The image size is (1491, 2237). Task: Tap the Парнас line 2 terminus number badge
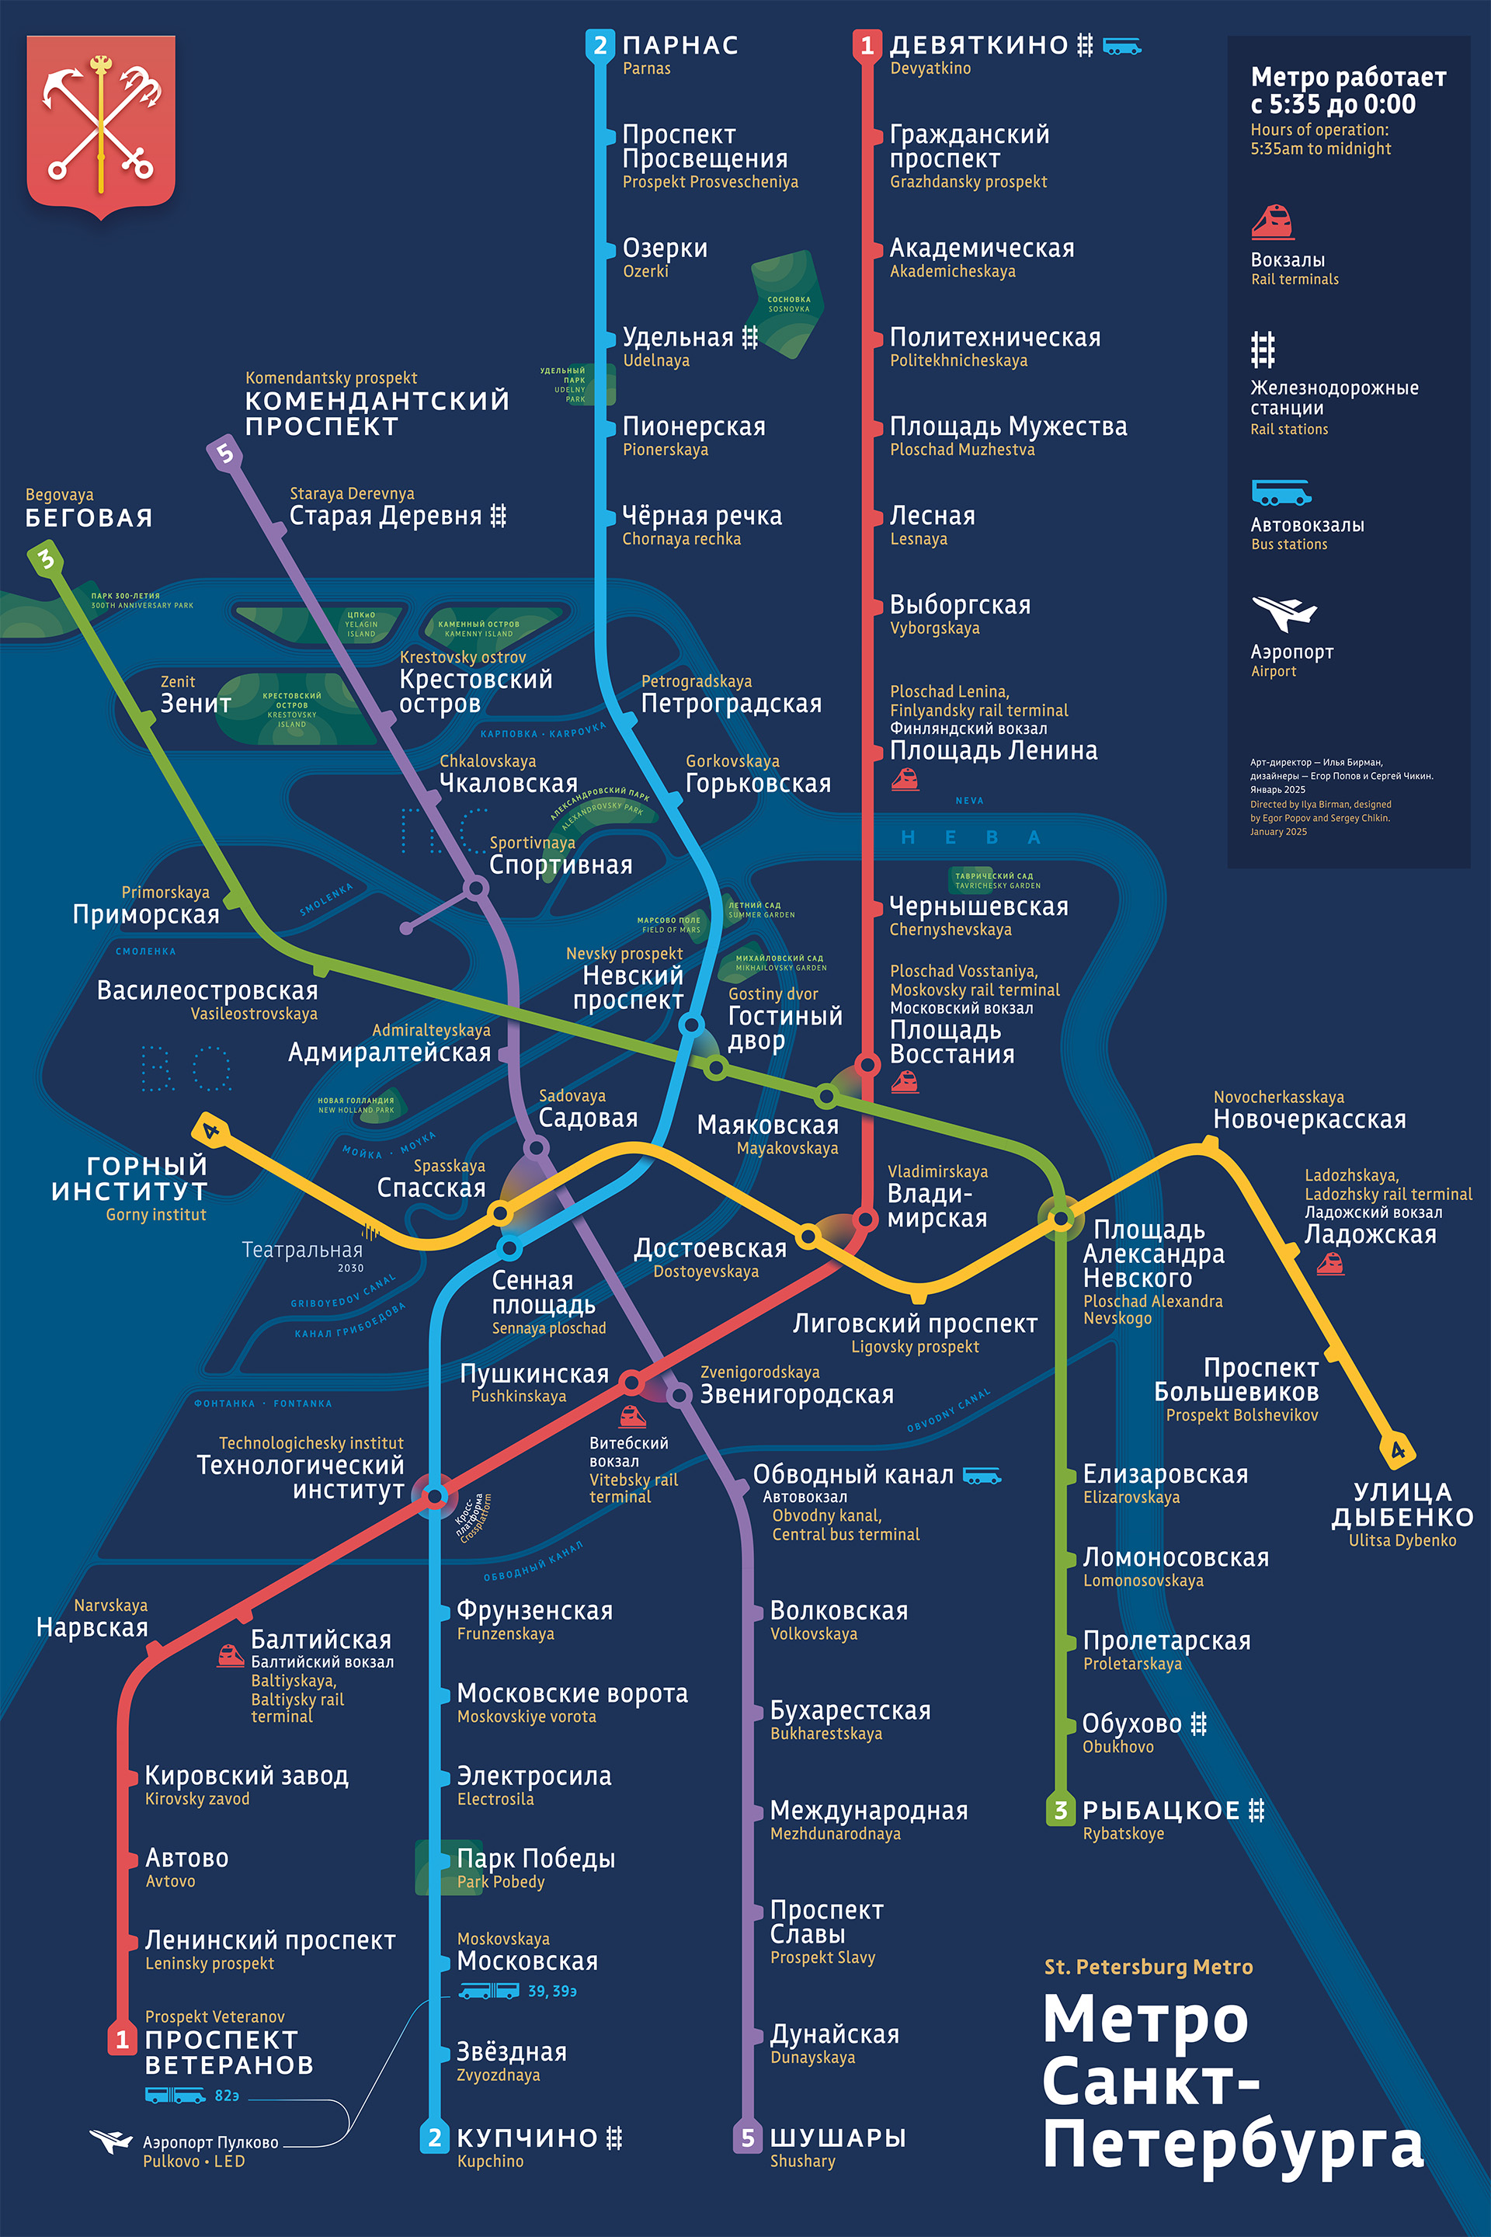coord(599,45)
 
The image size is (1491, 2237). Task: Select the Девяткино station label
coord(978,45)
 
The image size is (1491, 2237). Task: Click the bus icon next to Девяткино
coord(1121,46)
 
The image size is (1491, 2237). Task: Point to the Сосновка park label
coord(788,304)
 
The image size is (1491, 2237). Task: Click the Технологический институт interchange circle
coord(435,1495)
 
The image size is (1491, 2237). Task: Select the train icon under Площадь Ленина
coord(904,780)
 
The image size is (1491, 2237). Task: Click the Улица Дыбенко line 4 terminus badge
coord(1398,1449)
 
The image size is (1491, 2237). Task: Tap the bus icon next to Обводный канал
coord(982,1475)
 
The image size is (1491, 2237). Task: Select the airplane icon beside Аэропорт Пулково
coord(110,2141)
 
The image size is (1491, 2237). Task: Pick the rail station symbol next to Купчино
coord(614,2137)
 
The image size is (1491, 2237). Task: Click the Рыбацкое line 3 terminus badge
coord(1060,1810)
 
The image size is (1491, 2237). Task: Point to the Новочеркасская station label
coord(1309,1119)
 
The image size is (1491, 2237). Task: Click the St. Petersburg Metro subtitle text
coord(1148,1967)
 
